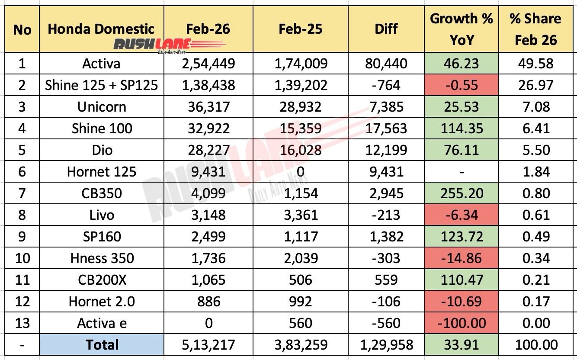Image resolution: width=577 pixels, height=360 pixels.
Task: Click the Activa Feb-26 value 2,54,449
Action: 208,64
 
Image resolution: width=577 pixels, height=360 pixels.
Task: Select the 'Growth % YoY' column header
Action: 461,29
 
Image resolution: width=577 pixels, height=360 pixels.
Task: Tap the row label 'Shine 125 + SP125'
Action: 102,85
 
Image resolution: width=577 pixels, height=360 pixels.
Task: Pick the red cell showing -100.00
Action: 461,323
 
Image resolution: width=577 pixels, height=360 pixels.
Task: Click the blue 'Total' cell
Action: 102,345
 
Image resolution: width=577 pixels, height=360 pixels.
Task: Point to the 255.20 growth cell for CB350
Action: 461,193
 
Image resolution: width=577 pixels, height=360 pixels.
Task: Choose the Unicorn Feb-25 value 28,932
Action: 300,107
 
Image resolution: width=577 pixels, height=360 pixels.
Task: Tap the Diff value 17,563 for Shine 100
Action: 386,129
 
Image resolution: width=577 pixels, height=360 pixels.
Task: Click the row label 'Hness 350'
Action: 102,258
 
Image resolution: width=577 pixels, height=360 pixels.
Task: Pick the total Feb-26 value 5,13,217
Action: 208,345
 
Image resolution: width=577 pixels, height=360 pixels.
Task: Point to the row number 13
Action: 22,323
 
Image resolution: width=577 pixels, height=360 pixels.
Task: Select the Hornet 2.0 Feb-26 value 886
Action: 208,302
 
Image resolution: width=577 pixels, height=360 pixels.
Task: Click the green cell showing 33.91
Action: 461,345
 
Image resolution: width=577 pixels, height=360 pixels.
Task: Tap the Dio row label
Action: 102,150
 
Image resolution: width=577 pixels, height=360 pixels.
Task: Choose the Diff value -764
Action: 386,85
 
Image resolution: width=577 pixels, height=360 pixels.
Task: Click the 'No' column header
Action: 22,29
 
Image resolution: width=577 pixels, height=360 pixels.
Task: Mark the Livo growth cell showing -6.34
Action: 461,215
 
